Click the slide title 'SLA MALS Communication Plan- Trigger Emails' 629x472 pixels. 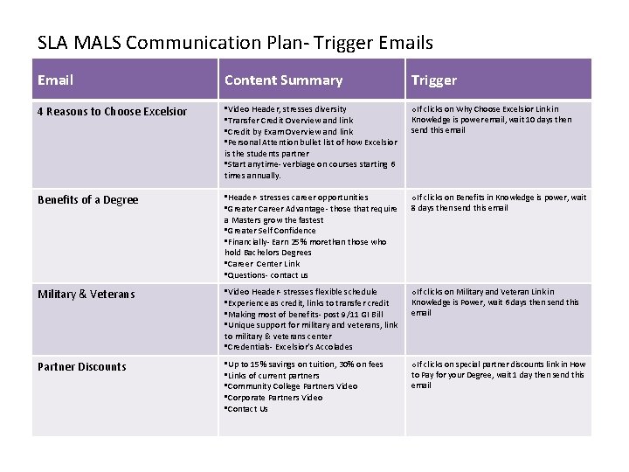[x=235, y=42]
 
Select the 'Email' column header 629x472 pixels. [x=56, y=80]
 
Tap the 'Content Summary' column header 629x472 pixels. [x=283, y=80]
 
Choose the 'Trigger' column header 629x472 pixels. [x=434, y=80]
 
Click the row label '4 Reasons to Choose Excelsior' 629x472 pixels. [x=112, y=112]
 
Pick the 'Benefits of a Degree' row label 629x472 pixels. [x=87, y=200]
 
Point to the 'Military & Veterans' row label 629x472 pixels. [x=86, y=295]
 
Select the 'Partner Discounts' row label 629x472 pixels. [x=81, y=367]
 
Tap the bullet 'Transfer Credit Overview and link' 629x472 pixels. [x=290, y=121]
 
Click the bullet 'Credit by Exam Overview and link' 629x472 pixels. [x=290, y=131]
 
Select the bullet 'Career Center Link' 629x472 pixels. [x=263, y=263]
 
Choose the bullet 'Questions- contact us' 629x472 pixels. [x=267, y=274]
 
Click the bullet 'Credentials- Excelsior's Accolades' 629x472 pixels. [x=290, y=346]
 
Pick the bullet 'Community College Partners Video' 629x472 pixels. [x=292, y=386]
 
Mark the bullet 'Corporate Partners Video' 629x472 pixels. [x=274, y=398]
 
